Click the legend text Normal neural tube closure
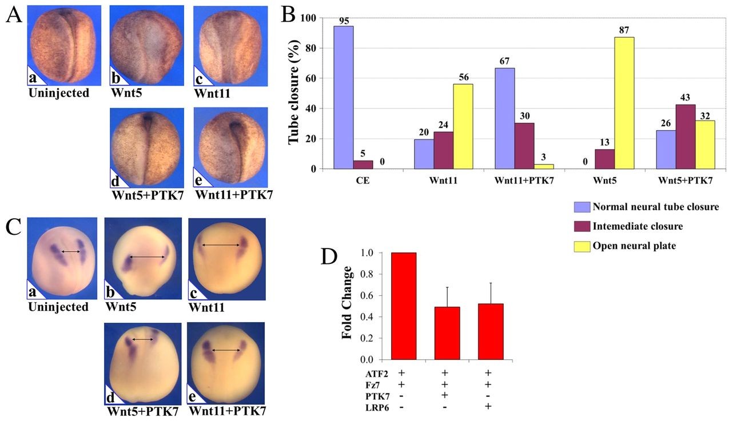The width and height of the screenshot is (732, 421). click(x=657, y=206)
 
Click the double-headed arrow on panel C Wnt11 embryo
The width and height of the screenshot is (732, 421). click(x=220, y=245)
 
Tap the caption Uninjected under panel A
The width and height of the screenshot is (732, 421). click(x=59, y=92)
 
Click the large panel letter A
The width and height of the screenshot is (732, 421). click(x=14, y=15)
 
